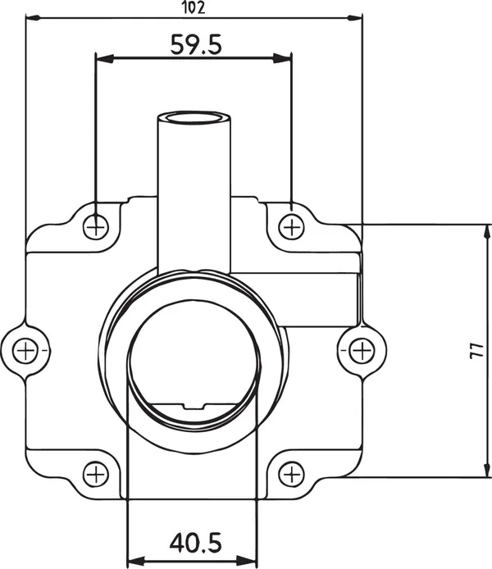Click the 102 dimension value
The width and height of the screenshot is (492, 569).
[x=194, y=7]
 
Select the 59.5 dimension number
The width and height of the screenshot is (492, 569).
[x=196, y=44]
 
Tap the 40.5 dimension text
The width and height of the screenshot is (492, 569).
[x=195, y=543]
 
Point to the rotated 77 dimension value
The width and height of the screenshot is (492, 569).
[x=477, y=351]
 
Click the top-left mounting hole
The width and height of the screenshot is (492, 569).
[x=96, y=227]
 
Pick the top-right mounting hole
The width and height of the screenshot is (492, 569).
[x=291, y=227]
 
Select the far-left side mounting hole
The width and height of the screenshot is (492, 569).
[x=25, y=351]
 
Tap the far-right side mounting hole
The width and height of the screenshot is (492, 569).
[x=362, y=351]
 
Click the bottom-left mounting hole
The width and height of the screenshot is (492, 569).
[x=96, y=474]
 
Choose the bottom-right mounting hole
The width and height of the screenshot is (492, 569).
[x=291, y=474]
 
